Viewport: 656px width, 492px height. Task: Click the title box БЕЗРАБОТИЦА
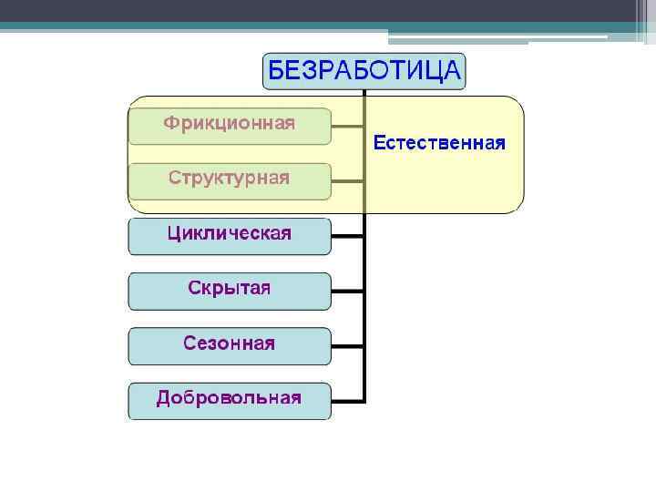coord(364,71)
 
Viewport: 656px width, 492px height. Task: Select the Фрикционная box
coord(230,125)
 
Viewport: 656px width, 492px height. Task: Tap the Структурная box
coord(230,179)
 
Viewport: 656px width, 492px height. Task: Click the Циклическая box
coord(230,235)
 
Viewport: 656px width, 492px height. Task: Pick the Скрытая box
coord(230,290)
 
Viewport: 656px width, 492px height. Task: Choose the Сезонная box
coord(230,344)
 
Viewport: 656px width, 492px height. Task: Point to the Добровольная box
coord(230,400)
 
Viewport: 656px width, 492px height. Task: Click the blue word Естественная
coord(438,143)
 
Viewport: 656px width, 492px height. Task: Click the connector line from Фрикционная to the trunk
coord(347,125)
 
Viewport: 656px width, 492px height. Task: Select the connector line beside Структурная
coord(347,180)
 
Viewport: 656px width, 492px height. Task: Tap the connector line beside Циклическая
coord(347,235)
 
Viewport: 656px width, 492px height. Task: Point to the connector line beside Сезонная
coord(347,345)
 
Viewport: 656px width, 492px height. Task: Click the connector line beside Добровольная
coord(347,400)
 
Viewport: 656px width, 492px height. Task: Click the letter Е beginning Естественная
coord(377,143)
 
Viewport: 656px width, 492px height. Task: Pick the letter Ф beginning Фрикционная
coord(171,123)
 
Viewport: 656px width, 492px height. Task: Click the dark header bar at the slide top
coord(328,11)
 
